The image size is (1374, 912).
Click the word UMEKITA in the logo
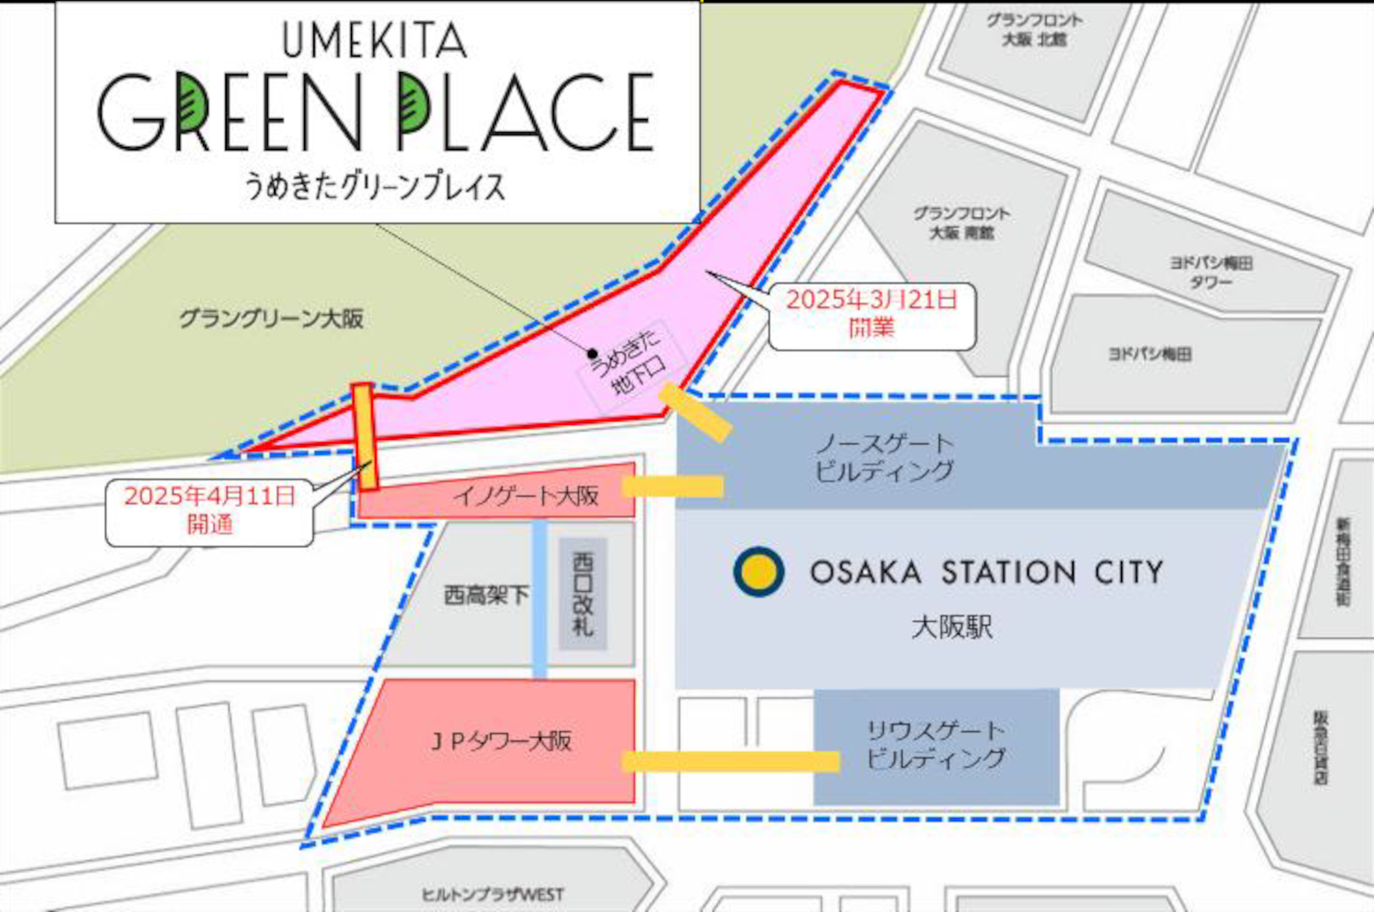coord(374,40)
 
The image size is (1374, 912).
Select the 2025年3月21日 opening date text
coord(872,300)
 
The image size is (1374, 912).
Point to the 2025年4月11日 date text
coord(209,496)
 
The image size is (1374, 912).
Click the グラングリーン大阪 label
coord(271,318)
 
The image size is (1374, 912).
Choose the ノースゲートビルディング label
coord(885,457)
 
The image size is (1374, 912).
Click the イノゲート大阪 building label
coord(526,496)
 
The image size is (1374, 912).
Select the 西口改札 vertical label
coord(583,594)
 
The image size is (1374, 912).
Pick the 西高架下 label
coord(486,594)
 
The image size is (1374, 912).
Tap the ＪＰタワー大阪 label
coord(501,741)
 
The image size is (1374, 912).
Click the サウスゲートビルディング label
coord(936,745)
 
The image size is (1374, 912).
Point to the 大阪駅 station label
coord(952,627)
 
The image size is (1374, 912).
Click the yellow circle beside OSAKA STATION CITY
coord(759,572)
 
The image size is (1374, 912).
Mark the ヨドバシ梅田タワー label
coord(1211,273)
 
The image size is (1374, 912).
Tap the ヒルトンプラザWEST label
coord(492,895)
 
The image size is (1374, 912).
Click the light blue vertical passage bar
coord(540,599)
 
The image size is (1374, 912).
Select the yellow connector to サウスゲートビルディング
coord(730,761)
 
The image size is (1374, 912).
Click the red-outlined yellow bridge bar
coord(365,436)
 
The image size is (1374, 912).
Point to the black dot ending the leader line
coord(593,353)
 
